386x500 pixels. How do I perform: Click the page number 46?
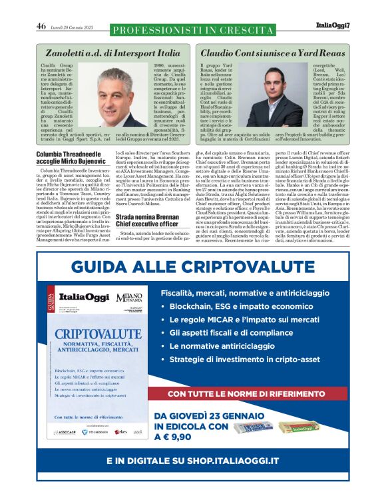coord(41,27)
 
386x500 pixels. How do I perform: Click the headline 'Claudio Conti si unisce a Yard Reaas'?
coord(274,51)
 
